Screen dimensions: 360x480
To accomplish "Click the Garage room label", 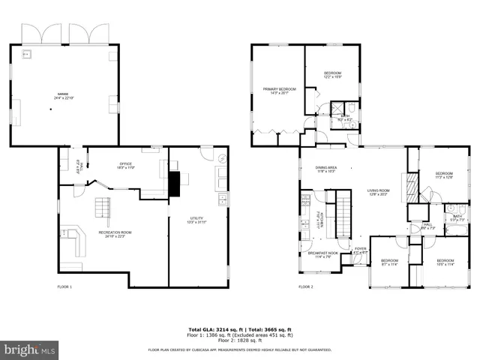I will click(63, 95).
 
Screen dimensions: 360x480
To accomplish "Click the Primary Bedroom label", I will click(279, 91).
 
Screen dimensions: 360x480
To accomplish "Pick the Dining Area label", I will click(325, 169).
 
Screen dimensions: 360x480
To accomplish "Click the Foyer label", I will click(361, 250).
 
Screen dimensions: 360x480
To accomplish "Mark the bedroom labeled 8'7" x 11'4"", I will click(389, 262).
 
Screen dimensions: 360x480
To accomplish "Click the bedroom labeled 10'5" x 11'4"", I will click(445, 262).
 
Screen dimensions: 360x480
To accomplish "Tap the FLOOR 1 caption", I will click(65, 286).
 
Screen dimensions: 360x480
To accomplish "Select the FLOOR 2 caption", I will click(305, 286).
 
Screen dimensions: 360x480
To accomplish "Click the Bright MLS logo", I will click(30, 349).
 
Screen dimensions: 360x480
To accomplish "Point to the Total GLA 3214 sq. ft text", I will click(212, 328).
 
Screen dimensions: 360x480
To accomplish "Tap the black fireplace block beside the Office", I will click(175, 184).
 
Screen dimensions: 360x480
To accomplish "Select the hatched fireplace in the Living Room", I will click(410, 186).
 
